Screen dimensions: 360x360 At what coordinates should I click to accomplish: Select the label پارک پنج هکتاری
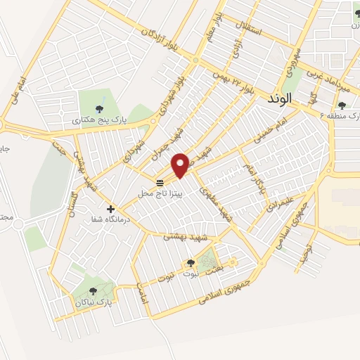(98, 120)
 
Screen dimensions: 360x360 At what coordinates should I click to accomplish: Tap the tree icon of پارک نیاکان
(94, 290)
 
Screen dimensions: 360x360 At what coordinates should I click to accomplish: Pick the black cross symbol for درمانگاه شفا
(110, 208)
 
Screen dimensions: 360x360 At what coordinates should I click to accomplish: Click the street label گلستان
(71, 199)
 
